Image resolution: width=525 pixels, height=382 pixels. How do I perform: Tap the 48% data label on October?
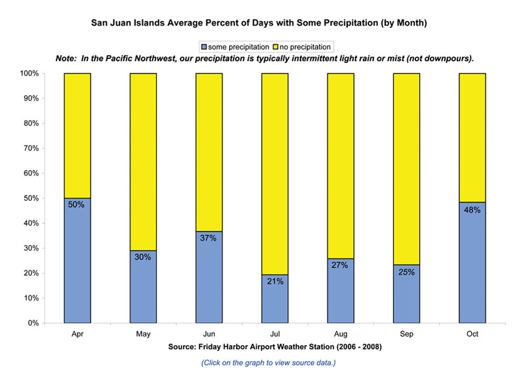pyautogui.click(x=472, y=210)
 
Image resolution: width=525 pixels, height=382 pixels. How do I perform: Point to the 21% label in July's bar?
pyautogui.click(x=274, y=282)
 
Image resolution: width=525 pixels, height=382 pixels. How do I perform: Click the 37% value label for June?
pyautogui.click(x=209, y=238)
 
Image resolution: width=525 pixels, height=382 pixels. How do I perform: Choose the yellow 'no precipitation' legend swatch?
pyautogui.click(x=276, y=47)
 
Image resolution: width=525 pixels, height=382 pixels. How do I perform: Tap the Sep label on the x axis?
pyautogui.click(x=406, y=334)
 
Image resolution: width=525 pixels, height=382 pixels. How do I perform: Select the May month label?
pyautogui.click(x=142, y=334)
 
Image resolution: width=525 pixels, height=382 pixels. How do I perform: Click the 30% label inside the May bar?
pyautogui.click(x=142, y=257)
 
